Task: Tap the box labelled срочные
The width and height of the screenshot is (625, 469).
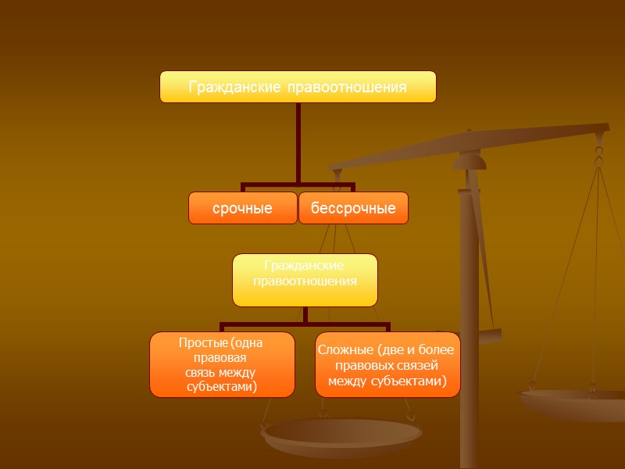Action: [243, 209]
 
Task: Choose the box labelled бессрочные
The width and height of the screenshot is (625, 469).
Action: [353, 209]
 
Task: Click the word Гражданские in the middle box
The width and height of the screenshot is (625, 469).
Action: [305, 266]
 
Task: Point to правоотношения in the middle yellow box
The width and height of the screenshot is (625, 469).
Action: [305, 281]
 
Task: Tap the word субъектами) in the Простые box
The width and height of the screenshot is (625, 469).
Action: [223, 386]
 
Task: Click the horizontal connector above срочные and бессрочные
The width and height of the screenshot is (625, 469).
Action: [298, 186]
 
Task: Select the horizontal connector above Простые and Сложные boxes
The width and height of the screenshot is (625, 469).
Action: [305, 324]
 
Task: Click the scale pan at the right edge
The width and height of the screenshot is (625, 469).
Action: [574, 403]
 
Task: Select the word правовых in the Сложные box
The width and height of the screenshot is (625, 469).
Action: [362, 365]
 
